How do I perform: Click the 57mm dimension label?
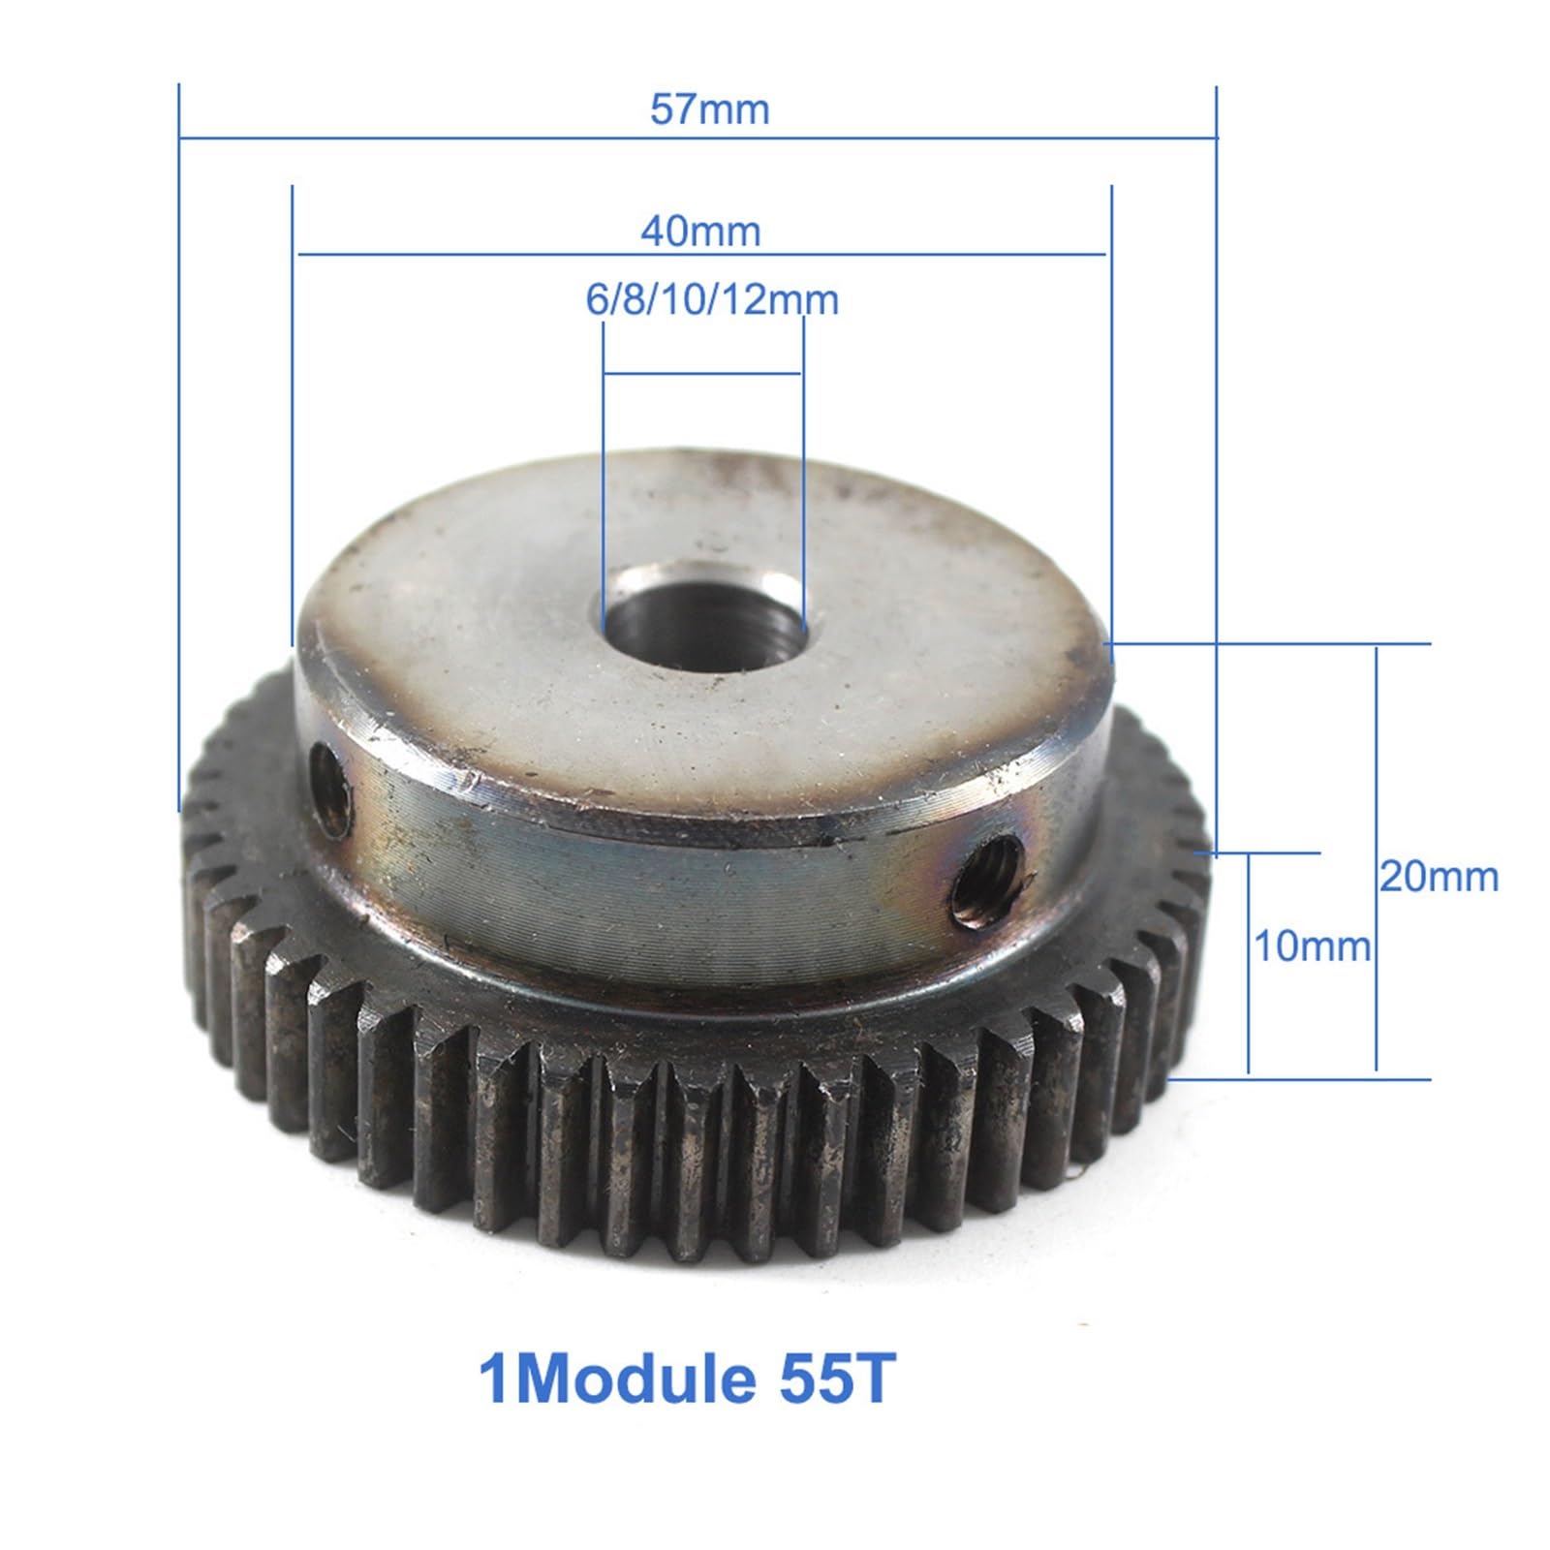pos(709,108)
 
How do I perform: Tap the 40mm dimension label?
pos(700,232)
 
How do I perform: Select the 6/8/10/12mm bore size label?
pos(712,300)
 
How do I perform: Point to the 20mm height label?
pos(1439,878)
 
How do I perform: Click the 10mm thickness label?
pos(1313,946)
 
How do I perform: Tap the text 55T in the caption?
pos(834,1379)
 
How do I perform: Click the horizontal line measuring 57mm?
pos(697,139)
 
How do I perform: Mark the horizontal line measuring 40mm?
pos(702,255)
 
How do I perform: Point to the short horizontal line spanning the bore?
pos(702,373)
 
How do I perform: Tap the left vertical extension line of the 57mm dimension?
pos(179,446)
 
